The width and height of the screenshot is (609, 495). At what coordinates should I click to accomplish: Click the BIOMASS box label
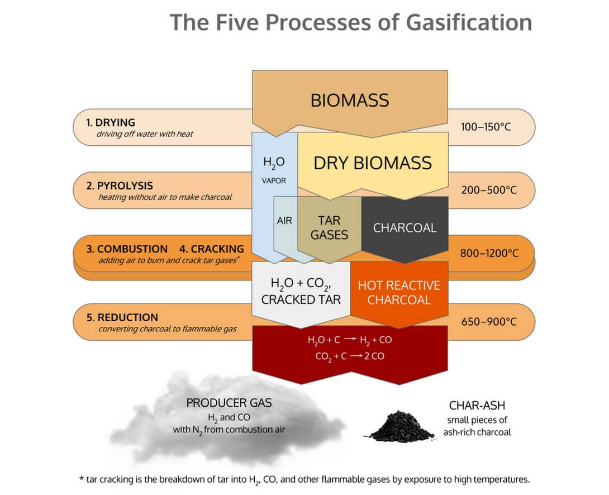click(350, 100)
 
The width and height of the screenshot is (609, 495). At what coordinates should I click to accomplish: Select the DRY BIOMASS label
click(373, 163)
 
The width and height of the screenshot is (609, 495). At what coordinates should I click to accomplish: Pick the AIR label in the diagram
click(284, 221)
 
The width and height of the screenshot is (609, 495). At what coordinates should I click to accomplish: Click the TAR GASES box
click(329, 228)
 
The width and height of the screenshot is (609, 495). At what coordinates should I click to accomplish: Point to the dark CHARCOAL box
click(405, 228)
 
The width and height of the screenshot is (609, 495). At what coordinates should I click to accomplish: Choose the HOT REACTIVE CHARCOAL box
click(399, 292)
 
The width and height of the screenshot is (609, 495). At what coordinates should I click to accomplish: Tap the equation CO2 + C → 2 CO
click(350, 356)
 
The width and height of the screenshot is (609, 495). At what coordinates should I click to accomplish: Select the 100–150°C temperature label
click(486, 127)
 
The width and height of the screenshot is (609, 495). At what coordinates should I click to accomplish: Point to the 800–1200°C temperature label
click(489, 253)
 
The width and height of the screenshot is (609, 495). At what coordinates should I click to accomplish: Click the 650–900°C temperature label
click(489, 322)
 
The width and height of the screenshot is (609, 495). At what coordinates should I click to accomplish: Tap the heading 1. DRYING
click(110, 122)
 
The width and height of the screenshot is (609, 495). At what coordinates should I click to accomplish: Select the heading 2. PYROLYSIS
click(119, 185)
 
